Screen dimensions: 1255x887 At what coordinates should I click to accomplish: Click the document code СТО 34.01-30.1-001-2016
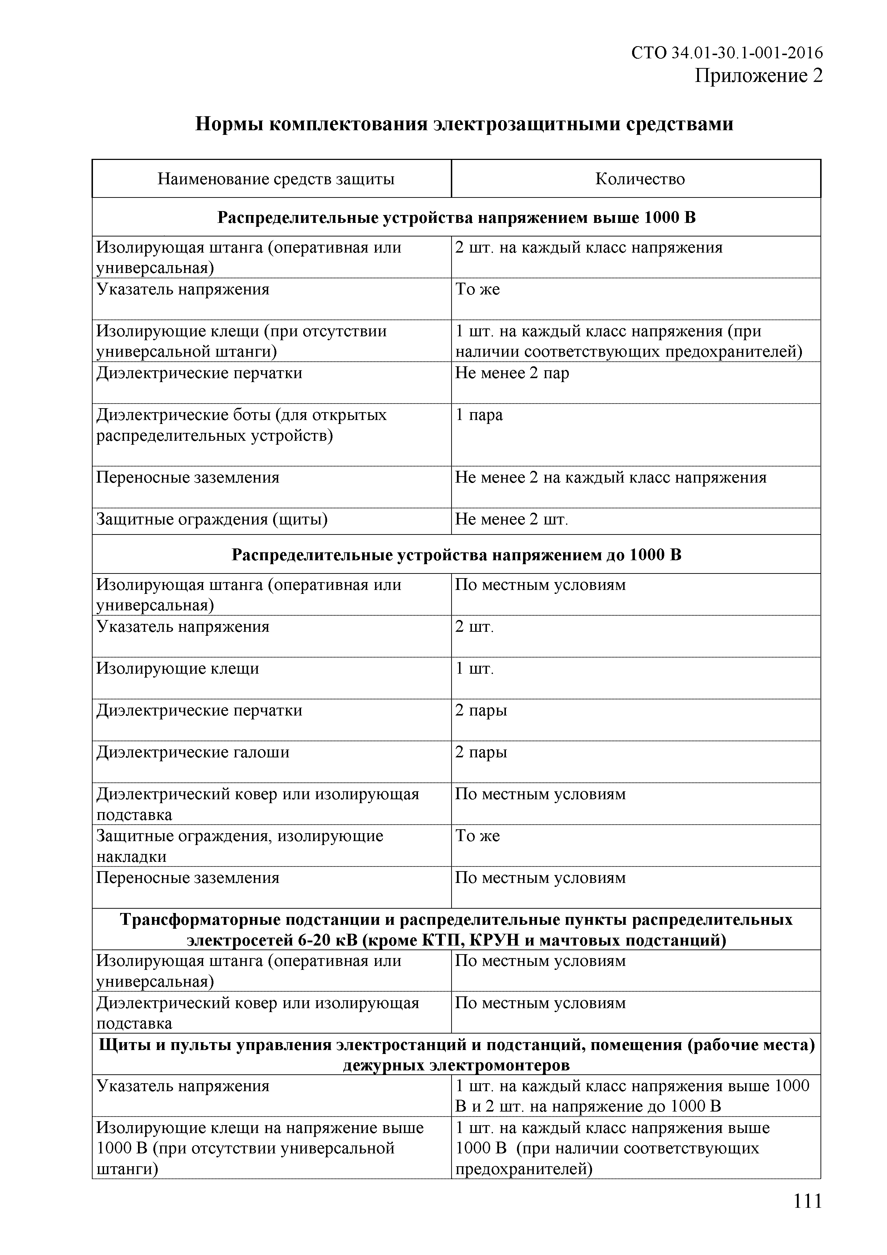point(726,53)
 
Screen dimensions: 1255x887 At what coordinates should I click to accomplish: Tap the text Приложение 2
point(758,76)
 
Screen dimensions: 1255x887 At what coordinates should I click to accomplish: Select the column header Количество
point(640,179)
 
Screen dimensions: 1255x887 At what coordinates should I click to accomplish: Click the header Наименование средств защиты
point(276,179)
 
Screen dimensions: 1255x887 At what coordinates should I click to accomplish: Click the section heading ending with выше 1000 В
point(457,218)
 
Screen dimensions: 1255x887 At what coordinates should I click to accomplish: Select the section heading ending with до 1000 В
point(457,555)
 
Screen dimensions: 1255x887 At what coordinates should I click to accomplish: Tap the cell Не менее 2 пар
point(512,373)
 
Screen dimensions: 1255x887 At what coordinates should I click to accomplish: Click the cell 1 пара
point(479,415)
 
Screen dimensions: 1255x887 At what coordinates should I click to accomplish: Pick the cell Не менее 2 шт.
point(512,519)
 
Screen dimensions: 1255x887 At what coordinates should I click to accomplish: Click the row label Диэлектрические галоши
point(193,753)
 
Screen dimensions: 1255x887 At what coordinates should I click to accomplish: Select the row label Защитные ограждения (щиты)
point(212,519)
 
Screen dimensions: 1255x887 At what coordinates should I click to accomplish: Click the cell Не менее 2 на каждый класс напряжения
point(611,478)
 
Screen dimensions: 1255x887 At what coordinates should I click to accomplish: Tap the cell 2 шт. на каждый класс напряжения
point(589,248)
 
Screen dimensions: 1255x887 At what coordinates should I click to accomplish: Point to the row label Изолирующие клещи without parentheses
point(178,669)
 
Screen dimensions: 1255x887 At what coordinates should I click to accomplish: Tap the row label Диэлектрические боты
point(241,425)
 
